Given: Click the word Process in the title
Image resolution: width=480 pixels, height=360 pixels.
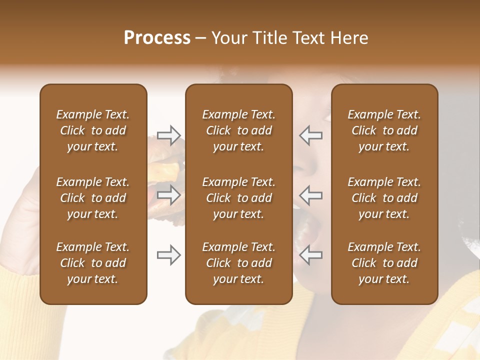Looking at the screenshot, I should point(157,38).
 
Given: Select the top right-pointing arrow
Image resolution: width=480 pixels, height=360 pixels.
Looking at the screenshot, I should point(168,134).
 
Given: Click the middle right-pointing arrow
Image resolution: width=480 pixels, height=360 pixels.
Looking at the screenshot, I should point(168,194).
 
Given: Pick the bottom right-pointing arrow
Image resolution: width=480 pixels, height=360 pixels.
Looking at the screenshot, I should point(168,255).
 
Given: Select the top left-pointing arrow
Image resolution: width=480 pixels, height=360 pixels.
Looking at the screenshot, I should point(311,134).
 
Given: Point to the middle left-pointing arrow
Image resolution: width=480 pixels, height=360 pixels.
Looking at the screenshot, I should point(311,194).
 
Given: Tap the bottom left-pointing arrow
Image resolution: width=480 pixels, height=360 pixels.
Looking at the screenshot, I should point(311,255).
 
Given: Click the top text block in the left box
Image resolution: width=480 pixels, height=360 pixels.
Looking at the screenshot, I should point(93,130).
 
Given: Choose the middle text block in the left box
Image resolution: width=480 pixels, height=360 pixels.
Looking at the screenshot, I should point(93,198).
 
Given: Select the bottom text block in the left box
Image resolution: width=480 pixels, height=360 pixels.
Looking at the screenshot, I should point(93,263).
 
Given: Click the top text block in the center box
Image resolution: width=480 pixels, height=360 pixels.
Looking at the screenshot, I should point(238,130).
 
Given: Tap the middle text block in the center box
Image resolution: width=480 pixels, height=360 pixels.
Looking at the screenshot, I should point(238,198).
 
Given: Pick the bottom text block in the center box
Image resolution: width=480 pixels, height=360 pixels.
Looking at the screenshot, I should point(238,263).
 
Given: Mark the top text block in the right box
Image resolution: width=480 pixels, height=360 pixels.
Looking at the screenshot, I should point(384,130).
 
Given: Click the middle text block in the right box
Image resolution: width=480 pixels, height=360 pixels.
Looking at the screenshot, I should point(384,198).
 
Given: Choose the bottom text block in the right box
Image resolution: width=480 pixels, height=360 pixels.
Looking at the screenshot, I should point(384,263).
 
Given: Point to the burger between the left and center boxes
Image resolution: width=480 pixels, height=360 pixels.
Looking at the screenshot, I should point(166,170).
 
